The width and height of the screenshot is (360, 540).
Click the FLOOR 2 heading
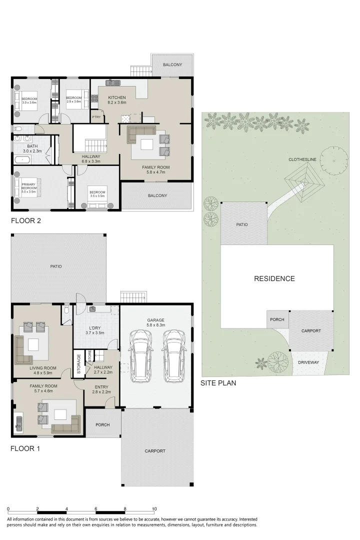click(26, 220)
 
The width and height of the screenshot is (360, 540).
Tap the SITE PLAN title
click(218, 383)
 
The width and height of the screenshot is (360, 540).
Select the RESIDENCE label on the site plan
click(274, 278)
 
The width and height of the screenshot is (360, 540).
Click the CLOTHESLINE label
click(301, 159)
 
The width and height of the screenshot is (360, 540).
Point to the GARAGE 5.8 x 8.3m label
click(155, 322)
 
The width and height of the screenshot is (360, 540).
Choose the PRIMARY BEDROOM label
click(28, 188)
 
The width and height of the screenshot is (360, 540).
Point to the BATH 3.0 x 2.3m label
click(31, 148)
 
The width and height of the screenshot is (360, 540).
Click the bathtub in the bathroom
click(21, 160)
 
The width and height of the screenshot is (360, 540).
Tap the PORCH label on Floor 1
click(102, 425)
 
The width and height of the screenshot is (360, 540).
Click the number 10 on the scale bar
click(154, 509)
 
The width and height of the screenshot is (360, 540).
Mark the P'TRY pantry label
click(96, 117)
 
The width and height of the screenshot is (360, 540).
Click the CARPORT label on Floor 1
click(155, 451)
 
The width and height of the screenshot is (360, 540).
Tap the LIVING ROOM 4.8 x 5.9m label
click(42, 370)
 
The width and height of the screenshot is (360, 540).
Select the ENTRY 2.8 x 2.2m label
click(101, 389)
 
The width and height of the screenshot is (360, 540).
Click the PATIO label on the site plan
click(242, 224)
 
